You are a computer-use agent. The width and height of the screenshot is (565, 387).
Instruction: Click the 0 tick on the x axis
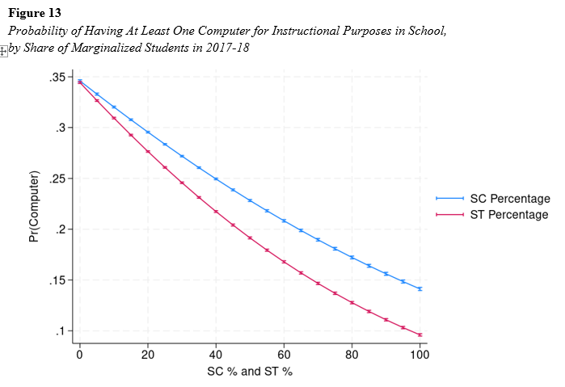(x=79, y=355)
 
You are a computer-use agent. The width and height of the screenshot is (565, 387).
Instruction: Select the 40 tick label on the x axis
(x=216, y=355)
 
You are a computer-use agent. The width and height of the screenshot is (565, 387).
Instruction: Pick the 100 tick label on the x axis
(x=420, y=355)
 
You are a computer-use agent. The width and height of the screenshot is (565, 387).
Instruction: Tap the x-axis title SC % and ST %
(x=250, y=372)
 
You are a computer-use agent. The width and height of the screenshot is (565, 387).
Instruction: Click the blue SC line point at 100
(x=420, y=288)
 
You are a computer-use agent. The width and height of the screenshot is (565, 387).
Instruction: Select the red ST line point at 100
(x=420, y=334)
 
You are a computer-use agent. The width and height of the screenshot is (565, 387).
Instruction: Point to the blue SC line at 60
(x=284, y=221)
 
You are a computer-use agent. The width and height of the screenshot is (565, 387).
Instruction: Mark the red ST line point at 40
(x=216, y=211)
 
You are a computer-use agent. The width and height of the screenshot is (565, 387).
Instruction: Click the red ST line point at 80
(x=352, y=302)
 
